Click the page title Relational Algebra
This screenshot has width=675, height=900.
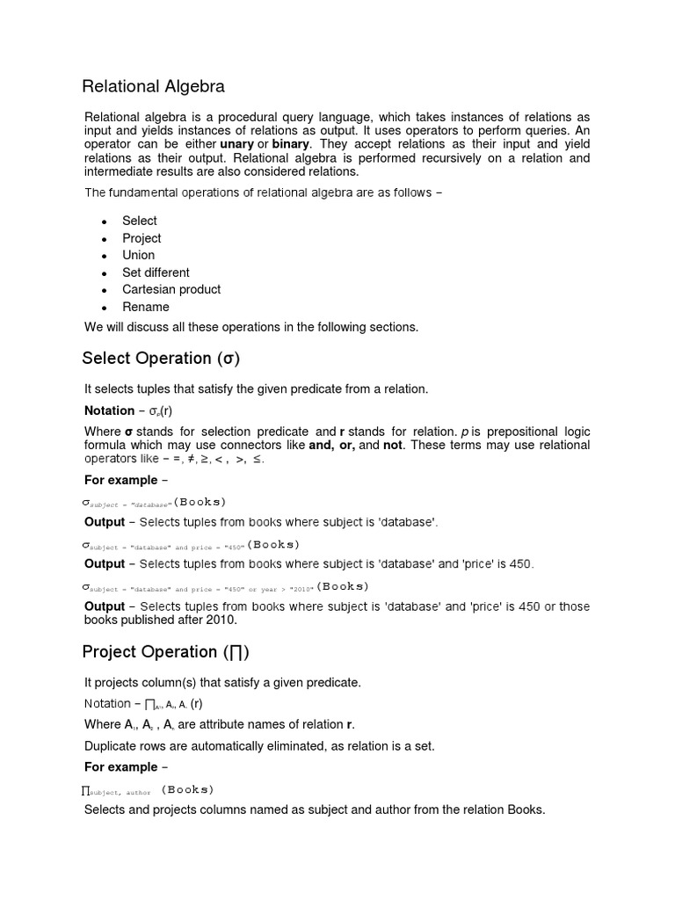pos(153,86)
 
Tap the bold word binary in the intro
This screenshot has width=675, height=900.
pos(291,143)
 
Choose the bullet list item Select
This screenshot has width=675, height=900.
pos(140,221)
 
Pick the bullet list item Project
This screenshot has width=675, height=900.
pos(142,238)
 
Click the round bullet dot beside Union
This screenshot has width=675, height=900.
pos(104,256)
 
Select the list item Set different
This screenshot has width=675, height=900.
pos(156,272)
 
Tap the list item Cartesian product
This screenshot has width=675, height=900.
pos(171,289)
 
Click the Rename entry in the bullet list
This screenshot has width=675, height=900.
pos(146,307)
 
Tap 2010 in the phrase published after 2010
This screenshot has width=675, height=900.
pos(222,620)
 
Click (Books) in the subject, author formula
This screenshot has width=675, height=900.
pos(188,789)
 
